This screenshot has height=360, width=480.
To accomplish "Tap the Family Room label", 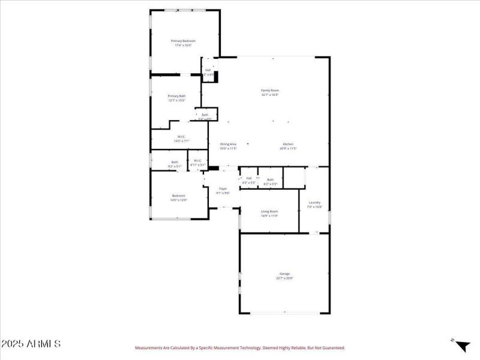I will pyautogui.click(x=270, y=90).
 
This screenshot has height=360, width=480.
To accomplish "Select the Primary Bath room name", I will pyautogui.click(x=176, y=96).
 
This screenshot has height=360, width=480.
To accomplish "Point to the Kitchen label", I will pyautogui.click(x=288, y=144).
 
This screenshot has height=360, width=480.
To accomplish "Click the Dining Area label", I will pyautogui.click(x=228, y=144).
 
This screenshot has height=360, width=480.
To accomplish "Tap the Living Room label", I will pyautogui.click(x=269, y=211).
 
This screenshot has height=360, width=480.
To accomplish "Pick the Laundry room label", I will pyautogui.click(x=314, y=203).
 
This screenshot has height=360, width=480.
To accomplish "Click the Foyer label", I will pyautogui.click(x=223, y=188).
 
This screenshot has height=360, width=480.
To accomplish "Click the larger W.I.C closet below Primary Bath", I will pyautogui.click(x=181, y=136).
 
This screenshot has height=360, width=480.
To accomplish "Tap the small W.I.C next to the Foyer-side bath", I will pyautogui.click(x=197, y=160).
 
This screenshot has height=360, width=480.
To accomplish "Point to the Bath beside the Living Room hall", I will pyautogui.click(x=270, y=179).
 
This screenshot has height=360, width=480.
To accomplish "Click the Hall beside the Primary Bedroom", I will pyautogui.click(x=208, y=70).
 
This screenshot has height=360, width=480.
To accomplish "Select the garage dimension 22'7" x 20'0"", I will pyautogui.click(x=284, y=278).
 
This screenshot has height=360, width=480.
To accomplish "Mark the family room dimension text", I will pyautogui.click(x=270, y=95).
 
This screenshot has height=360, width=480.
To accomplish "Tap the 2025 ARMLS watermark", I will pyautogui.click(x=31, y=344).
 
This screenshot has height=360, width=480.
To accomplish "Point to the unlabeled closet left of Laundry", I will pyautogui.click(x=294, y=178).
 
